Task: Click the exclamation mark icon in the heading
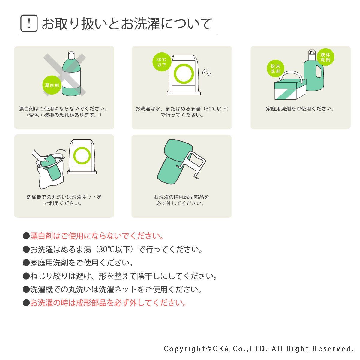tap(29, 23)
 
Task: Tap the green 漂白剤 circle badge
tap(52, 85)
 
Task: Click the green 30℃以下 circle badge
tap(162, 62)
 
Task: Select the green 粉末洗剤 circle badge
tap(275, 69)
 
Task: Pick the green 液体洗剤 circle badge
tap(325, 57)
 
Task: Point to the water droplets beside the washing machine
tap(207, 73)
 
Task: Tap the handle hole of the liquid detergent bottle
tap(318, 72)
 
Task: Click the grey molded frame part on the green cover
tap(192, 165)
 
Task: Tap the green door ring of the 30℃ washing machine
tap(184, 74)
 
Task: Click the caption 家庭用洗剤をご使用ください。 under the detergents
tap(300, 109)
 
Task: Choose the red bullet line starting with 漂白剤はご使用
tap(93, 236)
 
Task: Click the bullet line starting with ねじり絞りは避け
tap(120, 276)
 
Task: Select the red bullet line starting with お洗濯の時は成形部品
tap(105, 303)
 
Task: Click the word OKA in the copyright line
tap(221, 349)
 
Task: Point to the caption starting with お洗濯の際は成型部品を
tap(181, 200)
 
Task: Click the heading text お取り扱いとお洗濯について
tap(127, 24)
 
